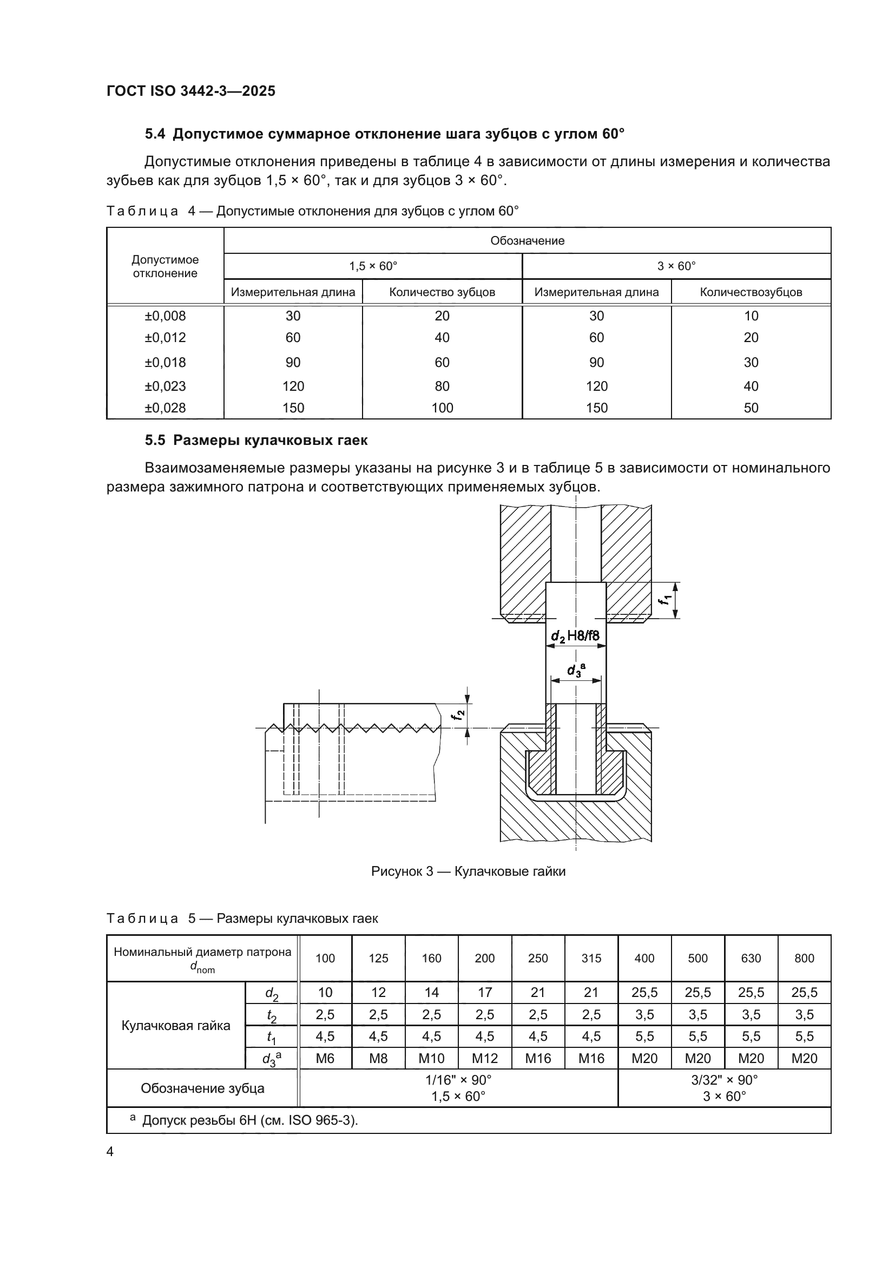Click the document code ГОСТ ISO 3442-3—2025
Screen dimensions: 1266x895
click(190, 91)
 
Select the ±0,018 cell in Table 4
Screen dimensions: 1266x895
click(166, 362)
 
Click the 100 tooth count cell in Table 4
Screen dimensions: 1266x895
click(442, 408)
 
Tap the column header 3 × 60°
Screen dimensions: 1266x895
click(676, 266)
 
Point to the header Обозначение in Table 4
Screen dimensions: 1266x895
click(527, 241)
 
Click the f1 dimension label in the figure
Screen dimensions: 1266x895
click(667, 599)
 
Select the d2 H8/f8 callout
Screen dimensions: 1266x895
click(575, 637)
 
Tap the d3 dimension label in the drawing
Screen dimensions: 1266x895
click(576, 670)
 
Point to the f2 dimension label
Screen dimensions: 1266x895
click(458, 716)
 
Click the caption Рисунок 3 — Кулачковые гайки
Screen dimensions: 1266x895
click(468, 871)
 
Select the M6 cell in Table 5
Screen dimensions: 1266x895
click(325, 1058)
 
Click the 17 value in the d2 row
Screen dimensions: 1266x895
click(484, 993)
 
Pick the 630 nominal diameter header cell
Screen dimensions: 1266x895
click(751, 959)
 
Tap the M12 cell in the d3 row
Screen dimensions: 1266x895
click(484, 1058)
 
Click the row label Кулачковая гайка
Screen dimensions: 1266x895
click(176, 1026)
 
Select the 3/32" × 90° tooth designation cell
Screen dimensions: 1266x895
click(724, 1080)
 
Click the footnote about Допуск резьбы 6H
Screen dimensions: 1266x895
click(244, 1120)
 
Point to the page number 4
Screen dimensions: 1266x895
click(110, 1152)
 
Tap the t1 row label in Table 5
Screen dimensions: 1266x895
click(271, 1037)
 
